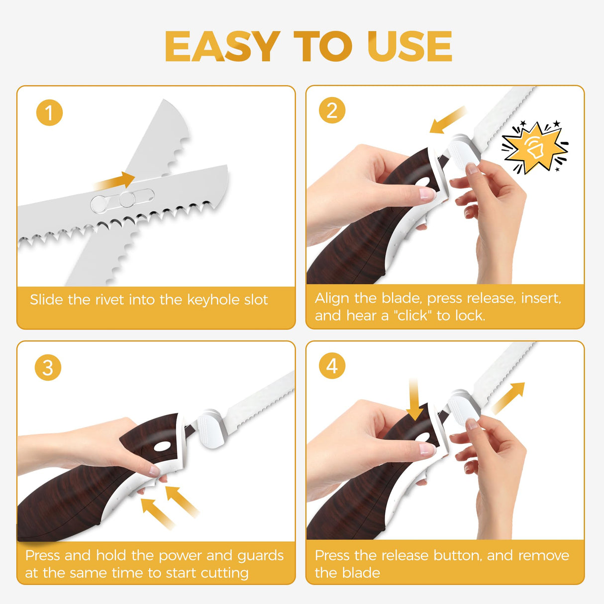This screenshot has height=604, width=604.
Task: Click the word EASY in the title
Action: click(222, 46)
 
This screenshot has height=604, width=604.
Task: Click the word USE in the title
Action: click(409, 46)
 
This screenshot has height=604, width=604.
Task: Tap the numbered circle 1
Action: click(50, 112)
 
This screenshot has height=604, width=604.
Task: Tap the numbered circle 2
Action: click(332, 110)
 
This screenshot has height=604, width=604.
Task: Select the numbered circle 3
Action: click(48, 367)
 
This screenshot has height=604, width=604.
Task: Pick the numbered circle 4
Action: click(332, 366)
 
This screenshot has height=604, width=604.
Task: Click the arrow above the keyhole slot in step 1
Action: click(115, 181)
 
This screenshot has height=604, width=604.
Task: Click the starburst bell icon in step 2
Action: click(534, 147)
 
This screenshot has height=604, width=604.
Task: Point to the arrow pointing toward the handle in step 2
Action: click(448, 120)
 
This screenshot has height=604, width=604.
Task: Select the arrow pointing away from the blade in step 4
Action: click(508, 398)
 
